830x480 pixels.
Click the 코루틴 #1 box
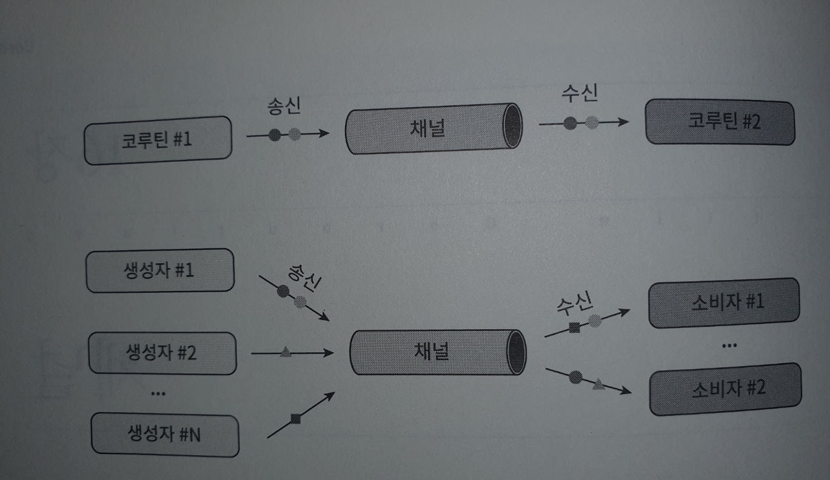pyautogui.click(x=158, y=140)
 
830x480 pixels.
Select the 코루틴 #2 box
pyautogui.click(x=720, y=122)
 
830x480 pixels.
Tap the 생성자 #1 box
pyautogui.click(x=160, y=270)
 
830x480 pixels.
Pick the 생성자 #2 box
pyautogui.click(x=162, y=352)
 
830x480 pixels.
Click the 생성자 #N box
pyautogui.click(x=165, y=435)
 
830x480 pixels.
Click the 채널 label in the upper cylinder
pyautogui.click(x=427, y=128)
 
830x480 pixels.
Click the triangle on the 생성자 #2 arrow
pyautogui.click(x=286, y=351)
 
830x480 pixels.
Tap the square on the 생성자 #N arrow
pyautogui.click(x=295, y=418)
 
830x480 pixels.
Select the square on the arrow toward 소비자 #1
pyautogui.click(x=574, y=328)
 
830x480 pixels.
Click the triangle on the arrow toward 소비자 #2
pyautogui.click(x=598, y=384)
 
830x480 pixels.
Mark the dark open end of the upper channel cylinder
pyautogui.click(x=512, y=125)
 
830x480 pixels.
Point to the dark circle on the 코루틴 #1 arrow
pyautogui.click(x=275, y=134)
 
